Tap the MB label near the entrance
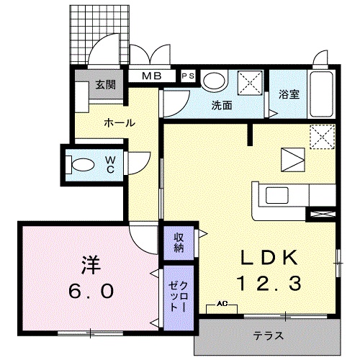point(151,76)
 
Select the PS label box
point(187,76)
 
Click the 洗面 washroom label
point(221,105)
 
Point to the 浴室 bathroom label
point(289,93)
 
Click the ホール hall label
point(119,123)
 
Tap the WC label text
point(112,163)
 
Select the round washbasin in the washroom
point(212,81)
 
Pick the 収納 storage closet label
point(179,243)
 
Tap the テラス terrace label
point(267,336)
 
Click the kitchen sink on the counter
point(276,194)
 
